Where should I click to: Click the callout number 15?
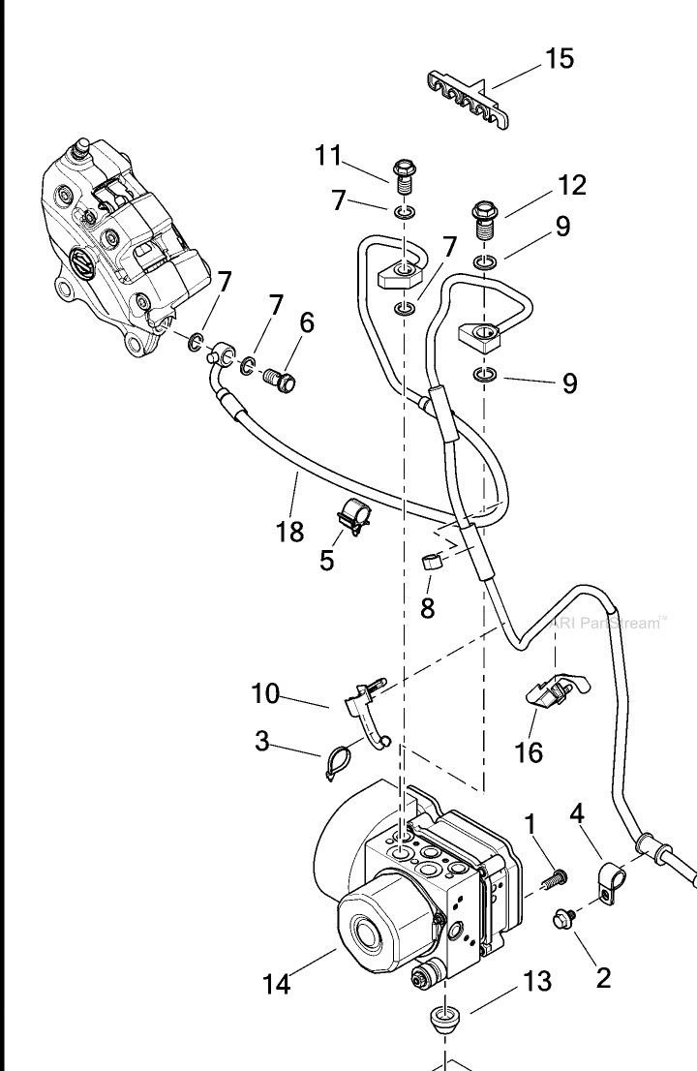(559, 58)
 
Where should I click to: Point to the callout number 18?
(289, 531)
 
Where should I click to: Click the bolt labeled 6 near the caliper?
(281, 378)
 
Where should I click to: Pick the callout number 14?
(277, 985)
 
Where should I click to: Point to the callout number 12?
(571, 184)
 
